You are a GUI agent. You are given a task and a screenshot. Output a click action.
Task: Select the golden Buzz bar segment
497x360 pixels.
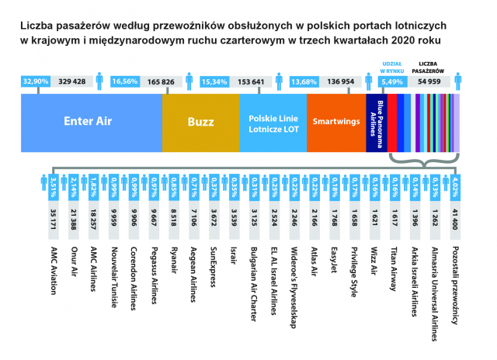coord(200,122)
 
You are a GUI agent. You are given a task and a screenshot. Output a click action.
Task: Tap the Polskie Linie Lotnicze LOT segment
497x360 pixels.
coord(273,122)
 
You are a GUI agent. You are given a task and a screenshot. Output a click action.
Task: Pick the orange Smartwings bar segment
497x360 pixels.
coord(335,122)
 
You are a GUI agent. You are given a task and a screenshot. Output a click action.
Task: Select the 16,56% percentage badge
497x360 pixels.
coord(125,81)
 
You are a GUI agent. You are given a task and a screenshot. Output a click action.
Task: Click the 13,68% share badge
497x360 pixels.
coord(303,81)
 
